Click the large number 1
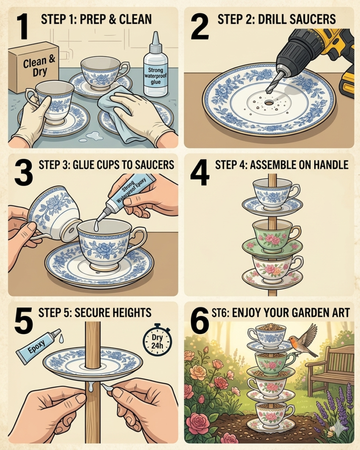coord(22,26)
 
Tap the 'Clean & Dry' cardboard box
coord(33,67)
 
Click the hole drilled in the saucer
coord(269,102)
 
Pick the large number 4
coord(200,172)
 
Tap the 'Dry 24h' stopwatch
coord(157,340)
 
